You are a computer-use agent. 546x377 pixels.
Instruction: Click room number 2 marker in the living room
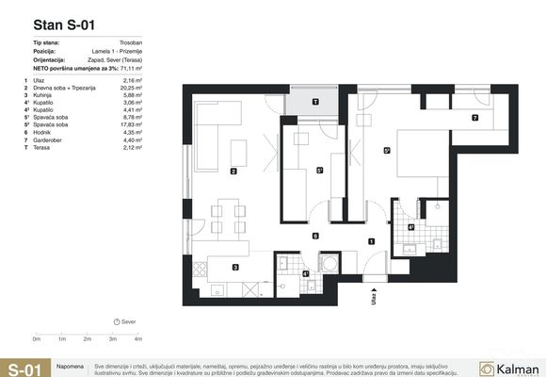click(233, 171)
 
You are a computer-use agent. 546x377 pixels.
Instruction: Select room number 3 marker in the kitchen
click(235, 268)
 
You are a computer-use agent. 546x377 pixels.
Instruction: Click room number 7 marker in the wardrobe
click(475, 119)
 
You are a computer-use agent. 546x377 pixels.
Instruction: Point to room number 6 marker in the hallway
click(315, 236)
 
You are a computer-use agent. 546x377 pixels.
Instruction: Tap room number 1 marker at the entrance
click(372, 242)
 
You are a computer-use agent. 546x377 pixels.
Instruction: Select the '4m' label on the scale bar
click(138, 337)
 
